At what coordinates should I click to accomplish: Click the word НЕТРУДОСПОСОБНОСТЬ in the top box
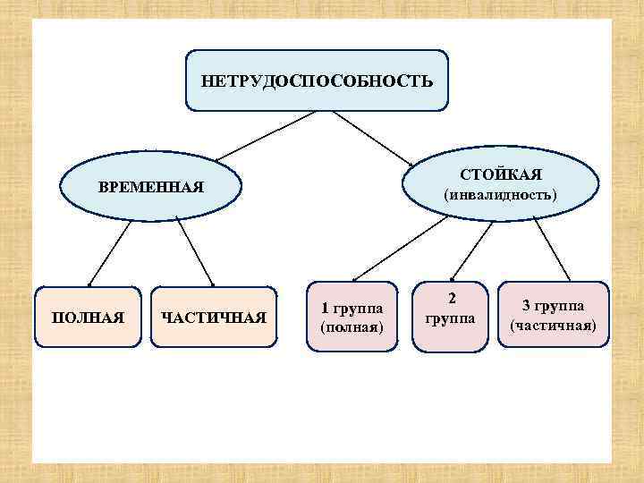point(317,81)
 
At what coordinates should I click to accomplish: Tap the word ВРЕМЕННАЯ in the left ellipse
point(151,189)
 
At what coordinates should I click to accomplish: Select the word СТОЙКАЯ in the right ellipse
point(502,173)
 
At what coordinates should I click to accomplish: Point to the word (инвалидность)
point(502,193)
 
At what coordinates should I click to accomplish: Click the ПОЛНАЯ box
point(88,318)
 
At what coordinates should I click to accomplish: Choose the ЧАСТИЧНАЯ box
point(213,318)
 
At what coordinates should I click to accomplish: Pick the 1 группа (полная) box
point(352,318)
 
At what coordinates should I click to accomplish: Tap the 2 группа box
point(452,309)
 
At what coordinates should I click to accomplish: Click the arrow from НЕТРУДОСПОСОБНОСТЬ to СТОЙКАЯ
point(374,139)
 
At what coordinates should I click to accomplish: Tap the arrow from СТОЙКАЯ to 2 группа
point(474,245)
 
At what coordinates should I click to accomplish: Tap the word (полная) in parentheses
point(352,327)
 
